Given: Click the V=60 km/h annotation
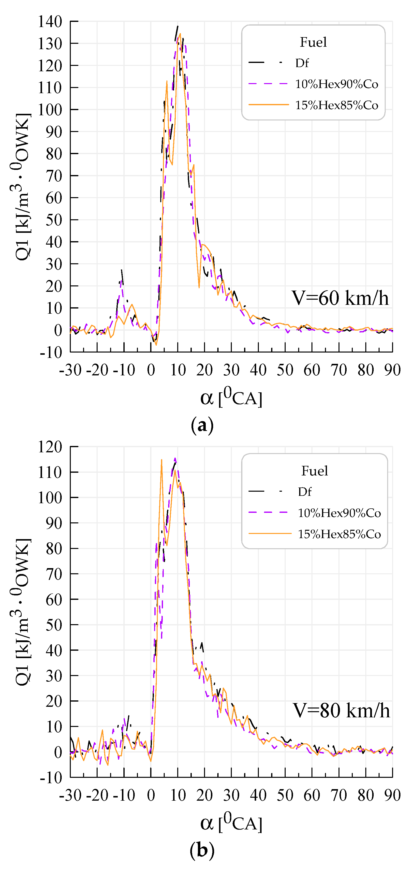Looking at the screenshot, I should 340,298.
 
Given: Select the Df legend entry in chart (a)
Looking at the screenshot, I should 302,63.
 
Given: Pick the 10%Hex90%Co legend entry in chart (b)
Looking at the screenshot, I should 339,513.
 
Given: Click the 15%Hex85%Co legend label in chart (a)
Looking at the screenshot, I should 336,105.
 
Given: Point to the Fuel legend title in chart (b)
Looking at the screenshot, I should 314,471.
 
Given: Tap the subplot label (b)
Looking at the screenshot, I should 202,850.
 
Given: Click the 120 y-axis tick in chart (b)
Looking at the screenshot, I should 50,447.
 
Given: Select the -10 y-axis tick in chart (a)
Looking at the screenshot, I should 51,353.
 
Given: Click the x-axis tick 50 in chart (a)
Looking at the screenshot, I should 285,370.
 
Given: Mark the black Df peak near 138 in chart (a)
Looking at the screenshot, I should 178,27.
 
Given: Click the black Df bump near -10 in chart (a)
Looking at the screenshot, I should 122,270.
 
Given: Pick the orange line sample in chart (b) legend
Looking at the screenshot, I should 269,534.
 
